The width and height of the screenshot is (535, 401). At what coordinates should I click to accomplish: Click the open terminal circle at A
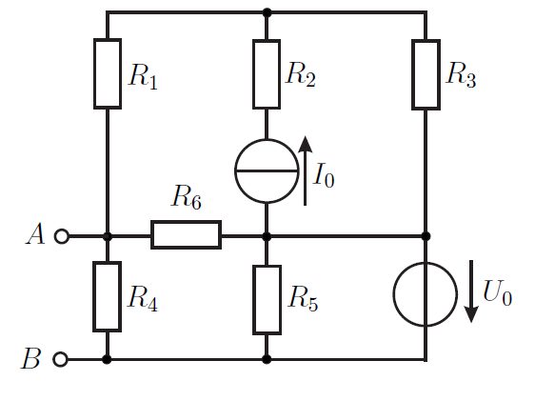pos(62,236)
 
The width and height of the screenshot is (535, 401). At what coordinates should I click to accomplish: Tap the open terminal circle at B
pos(60,359)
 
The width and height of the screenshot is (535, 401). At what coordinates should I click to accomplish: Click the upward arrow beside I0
pos(305,170)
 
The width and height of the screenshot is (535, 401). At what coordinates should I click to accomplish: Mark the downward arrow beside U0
pos(471,291)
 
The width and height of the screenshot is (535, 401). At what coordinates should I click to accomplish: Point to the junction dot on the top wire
pos(267,13)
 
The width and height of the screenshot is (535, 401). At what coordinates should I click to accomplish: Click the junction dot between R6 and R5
pos(267,236)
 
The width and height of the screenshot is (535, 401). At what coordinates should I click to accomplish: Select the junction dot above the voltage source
pos(426,236)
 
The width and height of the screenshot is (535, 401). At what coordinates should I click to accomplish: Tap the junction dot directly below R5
pos(267,359)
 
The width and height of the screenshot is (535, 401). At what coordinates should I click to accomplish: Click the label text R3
pos(461,74)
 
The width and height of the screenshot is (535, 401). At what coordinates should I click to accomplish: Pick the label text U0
pos(498,292)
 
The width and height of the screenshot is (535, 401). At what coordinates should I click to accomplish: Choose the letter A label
pos(35,233)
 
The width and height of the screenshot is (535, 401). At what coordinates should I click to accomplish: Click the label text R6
pos(187,196)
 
